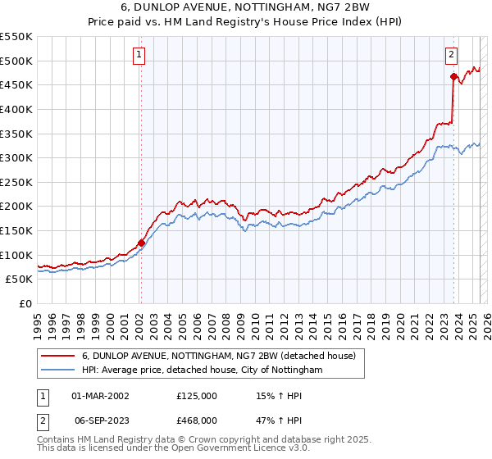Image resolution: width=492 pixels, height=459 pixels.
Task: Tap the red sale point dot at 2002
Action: pyautogui.click(x=141, y=243)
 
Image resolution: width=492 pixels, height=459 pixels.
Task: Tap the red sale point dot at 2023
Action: pyautogui.click(x=453, y=77)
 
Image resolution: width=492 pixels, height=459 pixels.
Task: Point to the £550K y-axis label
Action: pyautogui.click(x=16, y=37)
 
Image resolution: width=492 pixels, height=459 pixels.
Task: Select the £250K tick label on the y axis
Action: pyautogui.click(x=16, y=182)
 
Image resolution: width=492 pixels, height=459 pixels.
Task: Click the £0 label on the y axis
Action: pyautogui.click(x=26, y=303)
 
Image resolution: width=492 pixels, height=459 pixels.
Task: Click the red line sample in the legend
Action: pyautogui.click(x=57, y=357)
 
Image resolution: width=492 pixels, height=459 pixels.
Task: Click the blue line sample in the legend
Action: pyautogui.click(x=57, y=370)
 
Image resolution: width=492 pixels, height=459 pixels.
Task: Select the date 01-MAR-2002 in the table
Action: pyautogui.click(x=101, y=396)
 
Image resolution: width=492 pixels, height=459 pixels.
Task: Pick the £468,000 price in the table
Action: pyautogui.click(x=197, y=420)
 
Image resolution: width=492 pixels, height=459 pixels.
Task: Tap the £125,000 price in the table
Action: pyautogui.click(x=197, y=396)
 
